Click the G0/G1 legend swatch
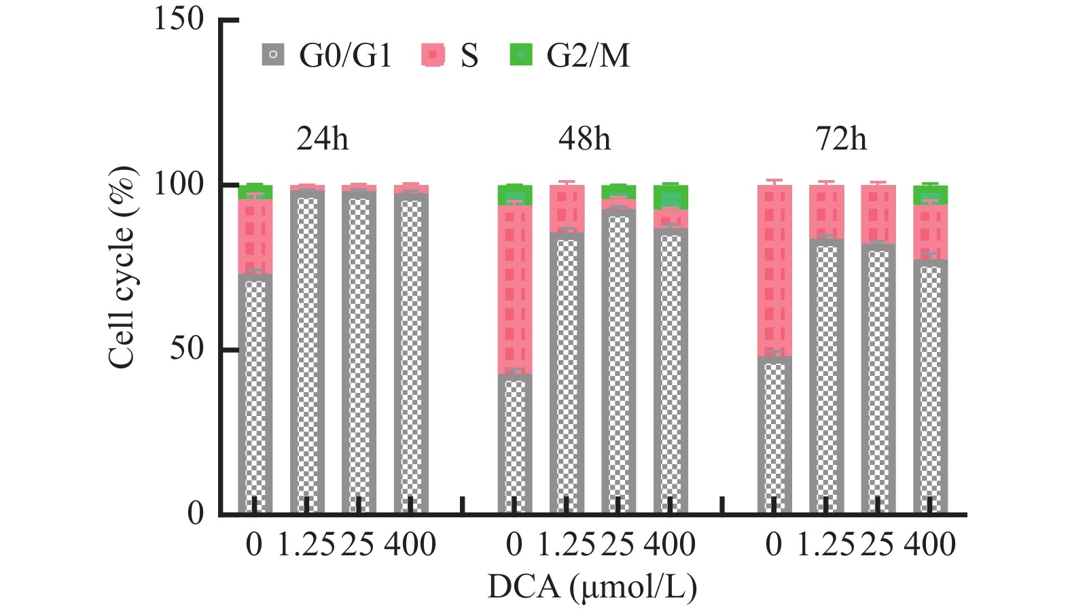coord(272,54)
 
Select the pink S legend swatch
coord(433,54)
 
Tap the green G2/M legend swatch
coord(520,54)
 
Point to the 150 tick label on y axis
coord(179,18)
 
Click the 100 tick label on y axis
coord(179,184)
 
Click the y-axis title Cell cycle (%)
coord(122,268)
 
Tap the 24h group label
coord(322,139)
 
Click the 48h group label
coord(584,139)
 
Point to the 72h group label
coord(841,139)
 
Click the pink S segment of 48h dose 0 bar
coord(515,289)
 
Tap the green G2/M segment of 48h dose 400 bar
coord(671,197)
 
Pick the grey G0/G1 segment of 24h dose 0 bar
coord(255,394)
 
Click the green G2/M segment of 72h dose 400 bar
coord(930,195)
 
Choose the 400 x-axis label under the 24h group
coord(410,545)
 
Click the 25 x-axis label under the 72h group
coord(877,545)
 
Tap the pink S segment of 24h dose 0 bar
coord(255,237)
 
